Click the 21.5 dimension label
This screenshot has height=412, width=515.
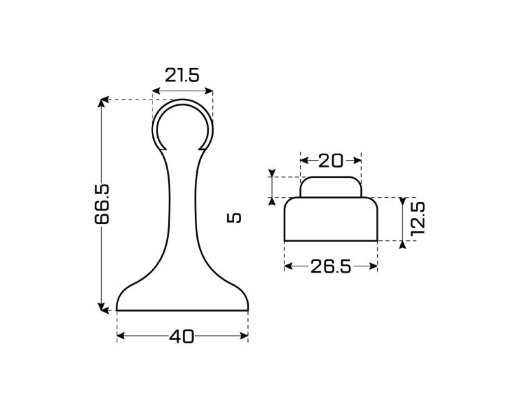(x=182, y=75)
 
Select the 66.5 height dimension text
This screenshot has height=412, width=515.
(x=102, y=204)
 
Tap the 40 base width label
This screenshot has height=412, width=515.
(x=181, y=336)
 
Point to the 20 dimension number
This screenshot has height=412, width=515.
(x=331, y=161)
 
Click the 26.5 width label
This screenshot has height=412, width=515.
(x=331, y=266)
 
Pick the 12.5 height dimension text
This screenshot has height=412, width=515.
(x=418, y=219)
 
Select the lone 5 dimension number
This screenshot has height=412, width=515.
(x=234, y=218)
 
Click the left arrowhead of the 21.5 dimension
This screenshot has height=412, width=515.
(x=156, y=91)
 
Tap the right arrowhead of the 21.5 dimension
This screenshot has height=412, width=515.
(x=209, y=91)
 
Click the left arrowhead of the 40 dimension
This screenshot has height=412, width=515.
(x=121, y=336)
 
